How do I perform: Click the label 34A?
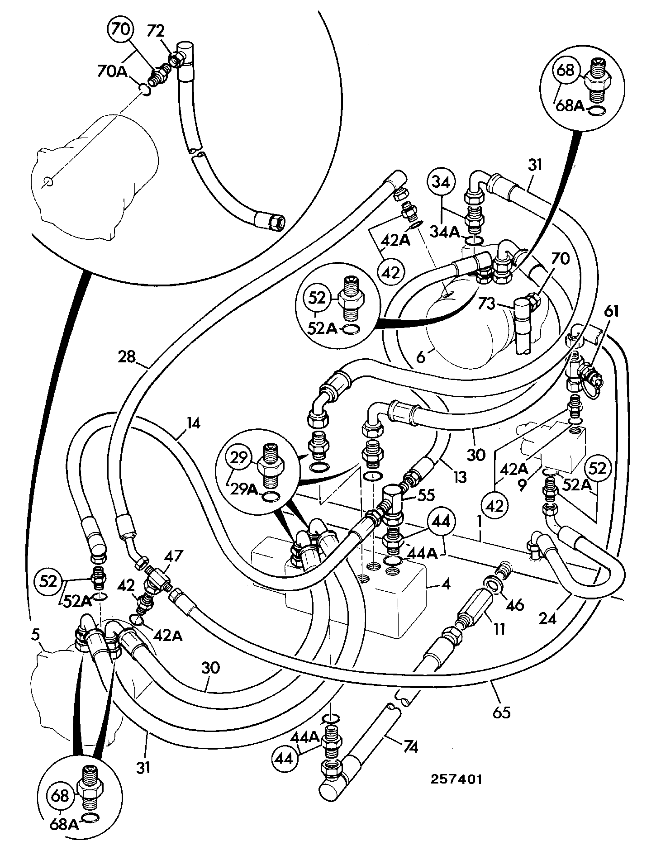tap(445, 233)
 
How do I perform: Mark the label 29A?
tap(244, 489)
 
